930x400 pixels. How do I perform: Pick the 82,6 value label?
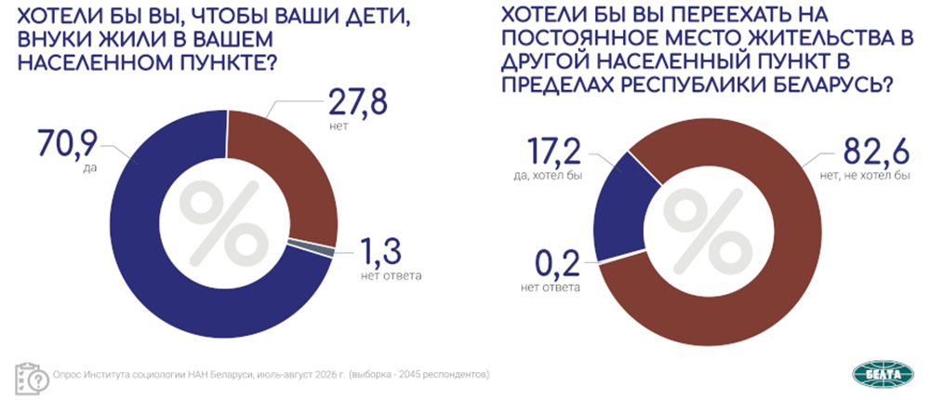click(x=872, y=156)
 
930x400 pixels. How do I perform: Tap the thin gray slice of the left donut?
click(x=311, y=250)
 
